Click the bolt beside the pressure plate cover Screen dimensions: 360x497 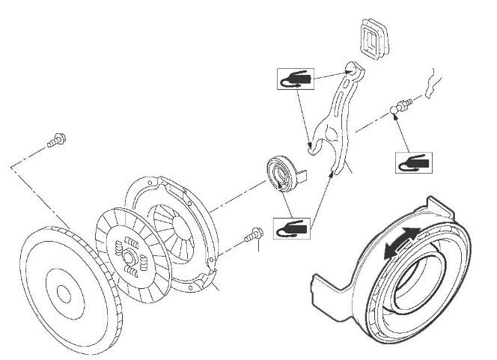click(256, 234)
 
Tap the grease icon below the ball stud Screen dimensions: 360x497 click(411, 162)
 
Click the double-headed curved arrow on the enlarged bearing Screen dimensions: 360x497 click(398, 243)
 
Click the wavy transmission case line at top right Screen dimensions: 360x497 click(430, 78)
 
